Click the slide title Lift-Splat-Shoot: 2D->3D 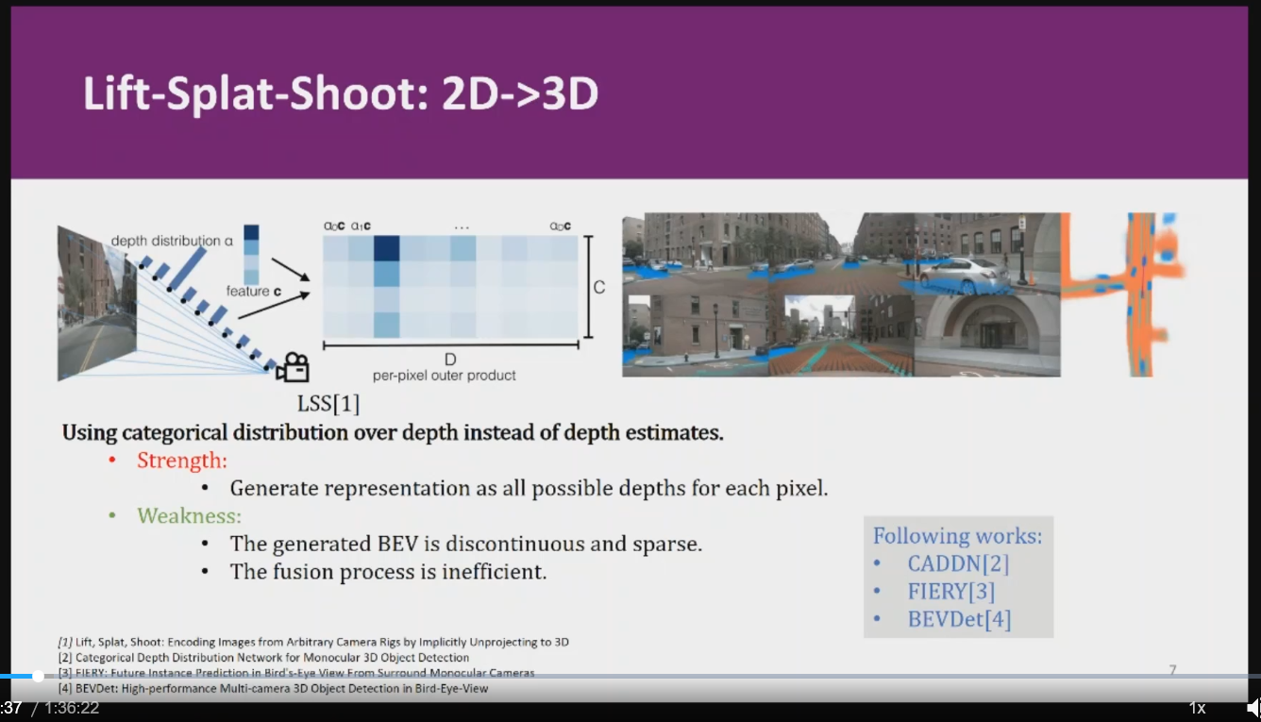click(x=341, y=94)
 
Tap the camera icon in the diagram click(x=293, y=367)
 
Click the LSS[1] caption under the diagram click(x=328, y=405)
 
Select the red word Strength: click(x=182, y=461)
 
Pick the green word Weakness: click(x=189, y=516)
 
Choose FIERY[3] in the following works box click(x=950, y=592)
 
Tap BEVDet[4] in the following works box click(x=959, y=619)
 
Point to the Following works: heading click(x=957, y=536)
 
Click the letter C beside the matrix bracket click(x=599, y=287)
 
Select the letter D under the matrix click(x=450, y=360)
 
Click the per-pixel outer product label click(x=445, y=376)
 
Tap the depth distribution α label click(x=172, y=241)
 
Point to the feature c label click(x=253, y=292)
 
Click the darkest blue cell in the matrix click(x=385, y=248)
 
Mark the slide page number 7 click(x=1172, y=670)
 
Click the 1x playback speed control click(x=1197, y=708)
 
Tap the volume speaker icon click(x=1253, y=708)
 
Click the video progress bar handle click(x=38, y=676)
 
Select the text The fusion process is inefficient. click(x=388, y=572)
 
